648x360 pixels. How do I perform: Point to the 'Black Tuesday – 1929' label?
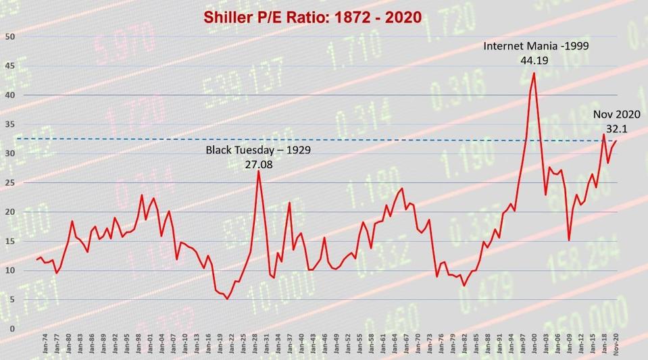pyautogui.click(x=258, y=149)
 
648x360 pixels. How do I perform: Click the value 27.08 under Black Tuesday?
pyautogui.click(x=258, y=163)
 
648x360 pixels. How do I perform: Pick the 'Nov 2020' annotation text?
pyautogui.click(x=616, y=114)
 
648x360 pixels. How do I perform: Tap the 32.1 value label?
pyautogui.click(x=616, y=128)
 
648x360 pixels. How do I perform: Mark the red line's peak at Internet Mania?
pyautogui.click(x=534, y=73)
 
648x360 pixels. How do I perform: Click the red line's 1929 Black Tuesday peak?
pyautogui.click(x=258, y=171)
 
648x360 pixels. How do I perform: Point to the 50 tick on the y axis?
pyautogui.click(x=9, y=36)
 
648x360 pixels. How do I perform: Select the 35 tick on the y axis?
pyautogui.click(x=9, y=124)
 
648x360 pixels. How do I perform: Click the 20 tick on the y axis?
pyautogui.click(x=9, y=212)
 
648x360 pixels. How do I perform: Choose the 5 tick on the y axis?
pyautogui.click(x=9, y=300)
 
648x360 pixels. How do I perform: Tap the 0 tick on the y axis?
pyautogui.click(x=11, y=329)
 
